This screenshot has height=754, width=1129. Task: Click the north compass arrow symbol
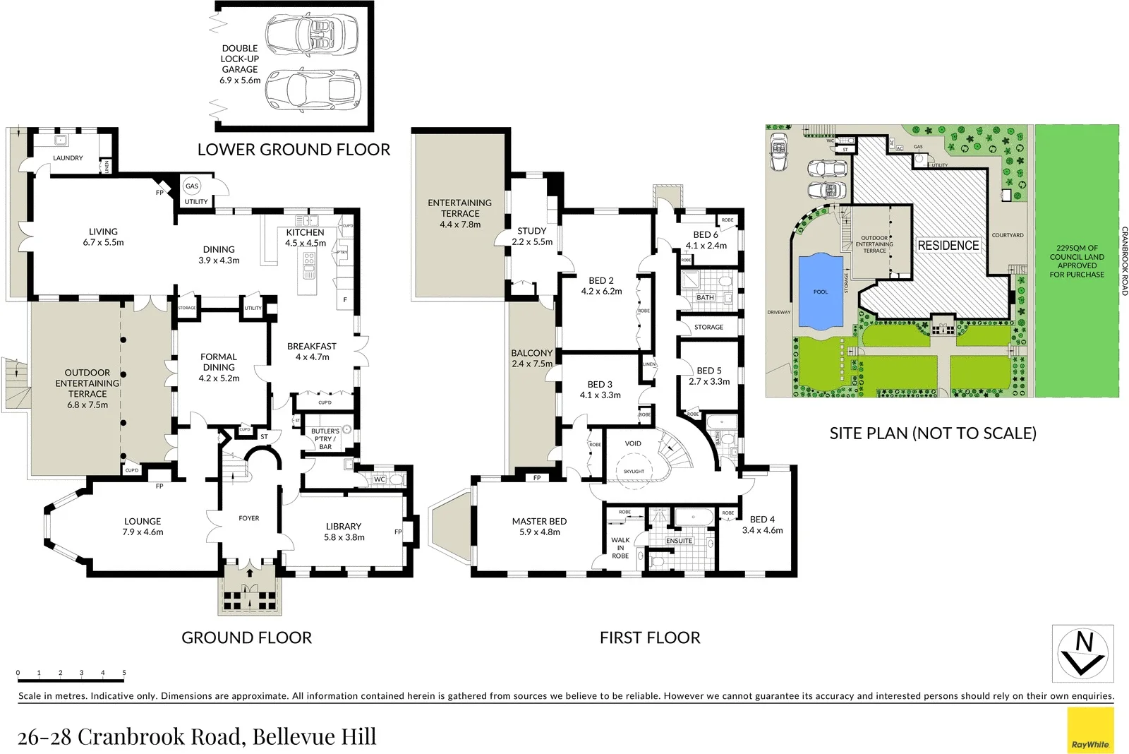1083,653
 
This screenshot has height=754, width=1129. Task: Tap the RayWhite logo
1090,731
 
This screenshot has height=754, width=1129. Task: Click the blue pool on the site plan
821,291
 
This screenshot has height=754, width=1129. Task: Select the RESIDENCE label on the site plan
948,245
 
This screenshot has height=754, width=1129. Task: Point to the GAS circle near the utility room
192,186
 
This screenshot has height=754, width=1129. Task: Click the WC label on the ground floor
380,479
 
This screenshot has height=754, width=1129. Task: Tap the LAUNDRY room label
68,158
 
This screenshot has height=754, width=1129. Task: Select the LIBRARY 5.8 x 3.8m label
344,532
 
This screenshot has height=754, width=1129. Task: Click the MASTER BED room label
539,527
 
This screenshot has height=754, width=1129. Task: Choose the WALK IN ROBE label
620,548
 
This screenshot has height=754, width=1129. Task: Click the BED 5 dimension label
709,381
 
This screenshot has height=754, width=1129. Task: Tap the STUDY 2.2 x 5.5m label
532,236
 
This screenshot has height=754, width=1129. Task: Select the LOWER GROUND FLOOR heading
294,150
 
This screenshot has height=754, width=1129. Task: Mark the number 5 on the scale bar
124,673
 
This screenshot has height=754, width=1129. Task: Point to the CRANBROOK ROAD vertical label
1124,261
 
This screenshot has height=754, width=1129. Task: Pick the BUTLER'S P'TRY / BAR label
325,438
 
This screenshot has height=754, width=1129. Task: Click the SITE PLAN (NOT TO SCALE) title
932,433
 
